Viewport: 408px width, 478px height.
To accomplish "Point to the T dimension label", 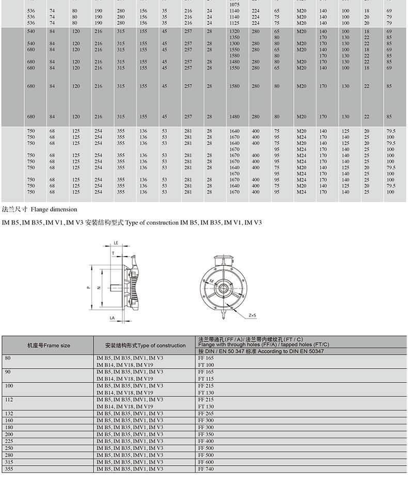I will coord(113,253).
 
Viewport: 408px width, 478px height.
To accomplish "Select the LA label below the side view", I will coord(112,318).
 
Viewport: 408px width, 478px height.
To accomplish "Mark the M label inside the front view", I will coord(212,281).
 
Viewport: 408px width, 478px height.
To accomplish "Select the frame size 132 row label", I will coord(9,414).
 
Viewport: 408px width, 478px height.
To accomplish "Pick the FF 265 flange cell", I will coord(206,414).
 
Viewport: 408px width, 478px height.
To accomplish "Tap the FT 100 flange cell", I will coord(206,365).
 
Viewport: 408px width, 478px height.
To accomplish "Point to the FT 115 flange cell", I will coord(206,379).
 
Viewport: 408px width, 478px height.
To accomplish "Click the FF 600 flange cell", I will coord(206,463).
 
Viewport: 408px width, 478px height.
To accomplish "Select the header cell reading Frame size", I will coord(49,345).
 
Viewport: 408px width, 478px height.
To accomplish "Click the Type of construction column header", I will coord(145,345).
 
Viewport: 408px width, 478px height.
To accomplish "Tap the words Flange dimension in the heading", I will coord(54,210).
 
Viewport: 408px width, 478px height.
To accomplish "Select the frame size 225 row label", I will coord(9,442).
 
